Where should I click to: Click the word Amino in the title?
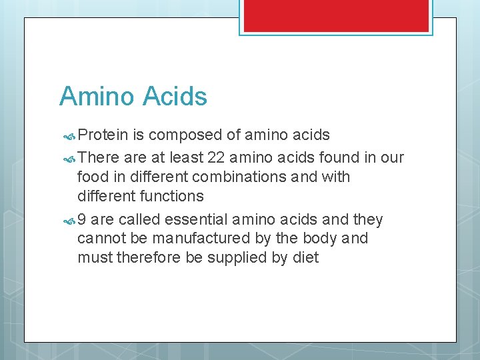pos(97,97)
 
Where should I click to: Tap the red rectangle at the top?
pos(335,15)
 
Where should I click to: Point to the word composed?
pos(185,135)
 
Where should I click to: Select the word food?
pos(91,177)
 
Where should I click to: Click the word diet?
pos(306,258)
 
